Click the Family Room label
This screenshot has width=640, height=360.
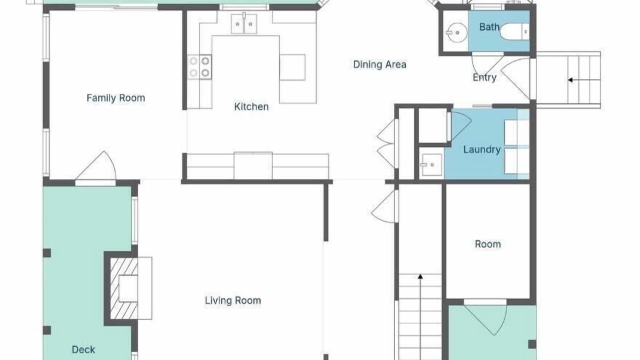pos(115,98)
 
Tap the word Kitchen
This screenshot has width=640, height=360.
pos(251,106)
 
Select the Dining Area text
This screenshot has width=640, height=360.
pos(379,64)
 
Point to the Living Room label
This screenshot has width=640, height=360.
pos(233,300)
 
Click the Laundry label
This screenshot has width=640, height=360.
pos(481,149)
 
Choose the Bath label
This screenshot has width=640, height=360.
pos(489,27)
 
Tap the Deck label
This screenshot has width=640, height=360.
pos(83,349)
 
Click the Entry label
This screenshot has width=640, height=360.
pos(484,77)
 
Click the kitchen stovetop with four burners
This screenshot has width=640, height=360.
pos(199,66)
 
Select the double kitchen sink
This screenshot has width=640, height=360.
pos(244,23)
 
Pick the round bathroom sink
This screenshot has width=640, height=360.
pos(456,32)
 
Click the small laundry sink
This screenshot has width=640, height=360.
pos(431,164)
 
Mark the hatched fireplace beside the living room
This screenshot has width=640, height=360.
pos(124,288)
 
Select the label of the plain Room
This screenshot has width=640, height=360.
pos(487,244)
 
